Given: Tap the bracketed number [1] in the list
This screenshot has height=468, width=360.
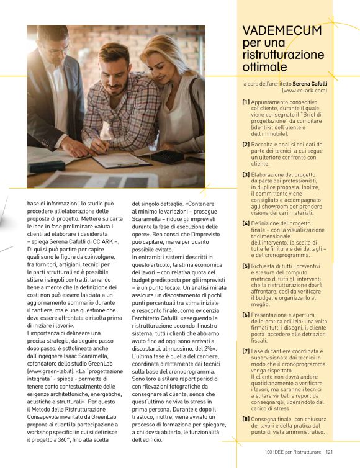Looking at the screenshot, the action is pos(246,101).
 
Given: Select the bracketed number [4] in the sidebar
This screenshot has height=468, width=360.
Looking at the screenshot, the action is pos(246,223).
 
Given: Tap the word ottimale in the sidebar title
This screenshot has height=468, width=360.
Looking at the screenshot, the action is pos(265,66).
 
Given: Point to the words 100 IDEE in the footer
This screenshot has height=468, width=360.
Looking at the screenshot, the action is pos(275,452).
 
